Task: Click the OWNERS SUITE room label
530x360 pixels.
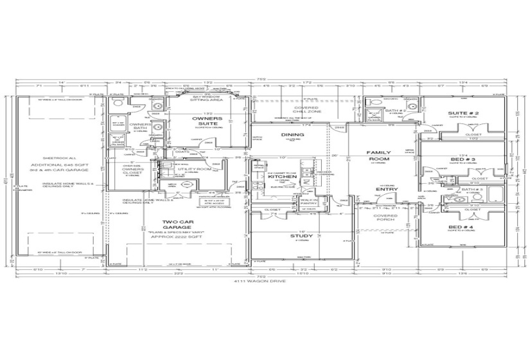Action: [x=208, y=122]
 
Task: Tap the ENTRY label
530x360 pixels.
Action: [x=387, y=189]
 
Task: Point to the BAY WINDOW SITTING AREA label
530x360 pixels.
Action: [x=206, y=98]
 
